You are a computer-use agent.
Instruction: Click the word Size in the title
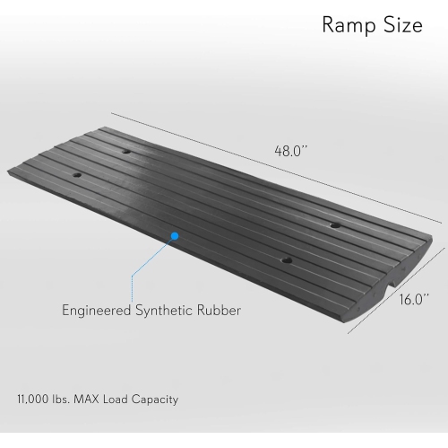pos(401,25)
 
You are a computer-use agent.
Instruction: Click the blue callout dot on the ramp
pos(175,236)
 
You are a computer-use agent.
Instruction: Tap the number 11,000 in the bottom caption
pos(35,397)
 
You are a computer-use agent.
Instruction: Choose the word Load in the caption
pos(124,397)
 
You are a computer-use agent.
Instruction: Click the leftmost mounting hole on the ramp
pos(76,174)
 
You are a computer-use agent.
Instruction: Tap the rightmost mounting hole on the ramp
pos(334,224)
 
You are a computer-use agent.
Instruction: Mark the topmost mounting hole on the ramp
pos(126,152)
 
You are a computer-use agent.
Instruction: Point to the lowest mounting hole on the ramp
pos(286,260)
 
